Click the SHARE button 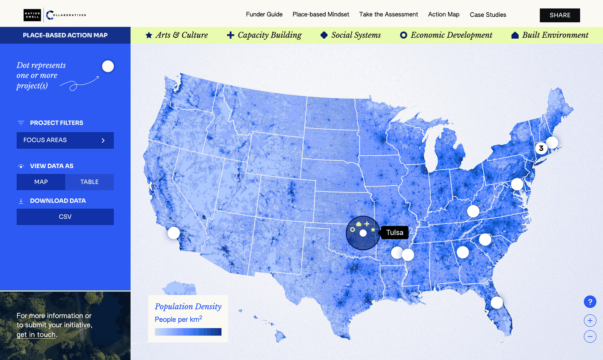pos(560,15)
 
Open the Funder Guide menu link pos(264,14)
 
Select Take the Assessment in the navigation pos(388,14)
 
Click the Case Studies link pos(488,15)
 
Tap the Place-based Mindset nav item pos(321,14)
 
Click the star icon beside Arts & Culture pos(149,35)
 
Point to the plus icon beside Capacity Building pos(231,35)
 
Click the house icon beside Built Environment pos(515,35)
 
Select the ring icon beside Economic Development pos(404,35)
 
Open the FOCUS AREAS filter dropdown pos(65,140)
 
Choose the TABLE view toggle pos(89,182)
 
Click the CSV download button pos(65,217)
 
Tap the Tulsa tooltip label pos(394,232)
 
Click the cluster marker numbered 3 pos(541,148)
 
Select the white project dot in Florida pos(497,303)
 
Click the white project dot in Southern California pos(174,233)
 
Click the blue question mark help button pos(590,302)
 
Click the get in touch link pos(36,335)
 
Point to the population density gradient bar pos(188,332)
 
